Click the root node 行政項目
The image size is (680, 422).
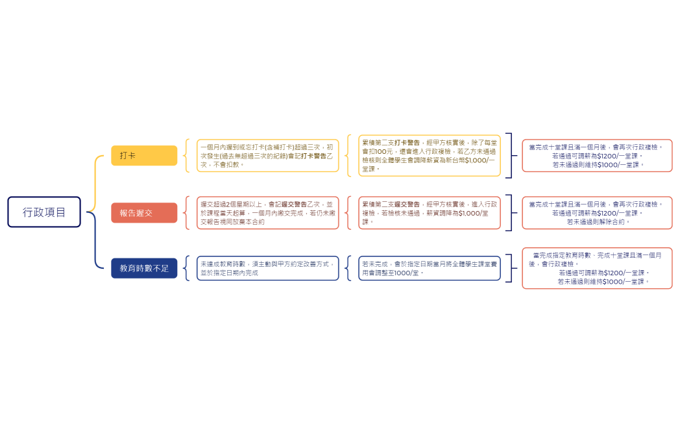44,212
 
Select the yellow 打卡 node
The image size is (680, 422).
143,156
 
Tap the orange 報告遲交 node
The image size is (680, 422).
143,213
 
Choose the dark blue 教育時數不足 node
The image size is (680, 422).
143,268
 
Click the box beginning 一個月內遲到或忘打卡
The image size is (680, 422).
268,156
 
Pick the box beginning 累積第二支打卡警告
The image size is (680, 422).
430,156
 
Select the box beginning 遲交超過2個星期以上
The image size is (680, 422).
268,213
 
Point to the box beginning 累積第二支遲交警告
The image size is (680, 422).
430,213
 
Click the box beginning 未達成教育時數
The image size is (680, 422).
268,268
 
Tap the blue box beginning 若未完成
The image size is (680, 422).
430,268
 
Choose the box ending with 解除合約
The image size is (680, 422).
597,213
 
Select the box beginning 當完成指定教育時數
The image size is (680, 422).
597,268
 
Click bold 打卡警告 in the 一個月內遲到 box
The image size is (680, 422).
313,156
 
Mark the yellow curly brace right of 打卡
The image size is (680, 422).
188,156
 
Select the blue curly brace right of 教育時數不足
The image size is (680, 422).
188,268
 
